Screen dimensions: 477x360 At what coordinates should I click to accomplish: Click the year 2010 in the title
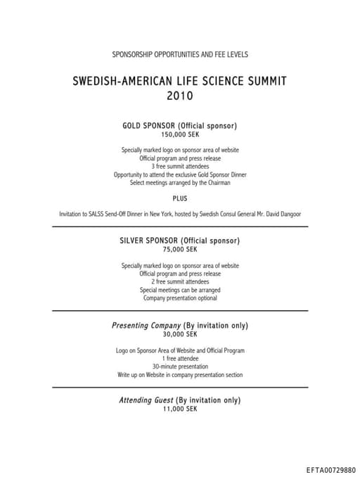click(180, 95)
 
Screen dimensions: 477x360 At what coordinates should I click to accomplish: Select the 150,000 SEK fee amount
click(180, 134)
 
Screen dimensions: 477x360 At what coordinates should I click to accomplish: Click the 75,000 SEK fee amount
click(180, 249)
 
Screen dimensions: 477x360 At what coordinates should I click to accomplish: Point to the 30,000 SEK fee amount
click(180, 335)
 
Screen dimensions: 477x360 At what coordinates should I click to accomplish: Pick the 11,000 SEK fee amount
click(180, 409)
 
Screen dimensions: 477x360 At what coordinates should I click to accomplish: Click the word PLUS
click(180, 198)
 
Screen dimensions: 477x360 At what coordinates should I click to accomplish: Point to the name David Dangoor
click(283, 214)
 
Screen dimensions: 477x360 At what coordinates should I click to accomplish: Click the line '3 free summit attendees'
click(180, 166)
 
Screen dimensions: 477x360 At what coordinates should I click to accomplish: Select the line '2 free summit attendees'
click(180, 281)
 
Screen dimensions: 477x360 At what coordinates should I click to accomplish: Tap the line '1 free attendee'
click(180, 359)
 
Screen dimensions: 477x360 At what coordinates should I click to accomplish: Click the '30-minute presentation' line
click(180, 367)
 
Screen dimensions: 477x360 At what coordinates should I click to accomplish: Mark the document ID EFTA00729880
click(331, 469)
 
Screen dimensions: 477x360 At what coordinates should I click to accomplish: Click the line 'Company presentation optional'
click(180, 298)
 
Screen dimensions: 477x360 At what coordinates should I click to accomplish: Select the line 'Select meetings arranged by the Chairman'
click(180, 183)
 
